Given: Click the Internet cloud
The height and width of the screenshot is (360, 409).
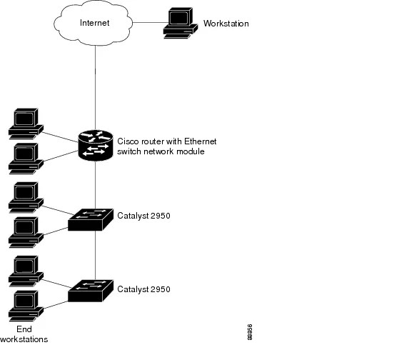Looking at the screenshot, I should tap(95, 24).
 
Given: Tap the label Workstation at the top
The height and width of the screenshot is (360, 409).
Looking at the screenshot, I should tap(226, 24).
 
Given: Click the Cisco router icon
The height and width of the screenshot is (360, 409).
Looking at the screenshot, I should tap(96, 146).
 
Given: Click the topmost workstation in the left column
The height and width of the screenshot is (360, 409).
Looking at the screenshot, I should tap(23, 123).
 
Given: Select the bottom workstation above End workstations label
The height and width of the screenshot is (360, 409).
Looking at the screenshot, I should tap(23, 304).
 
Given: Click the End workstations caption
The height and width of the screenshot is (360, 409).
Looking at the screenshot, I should tap(24, 334).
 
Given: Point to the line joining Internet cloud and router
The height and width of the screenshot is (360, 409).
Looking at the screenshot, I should tap(96, 86).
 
